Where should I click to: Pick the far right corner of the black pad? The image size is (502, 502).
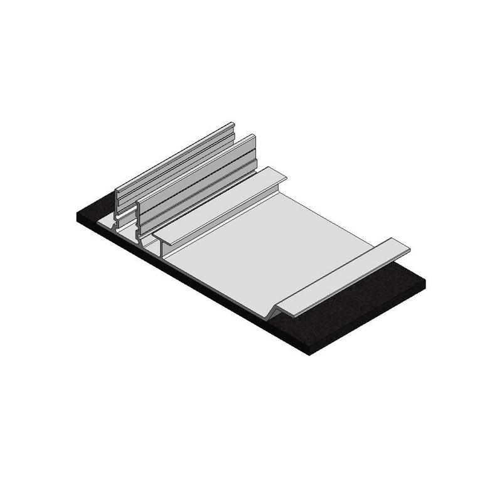[x=424, y=282]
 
